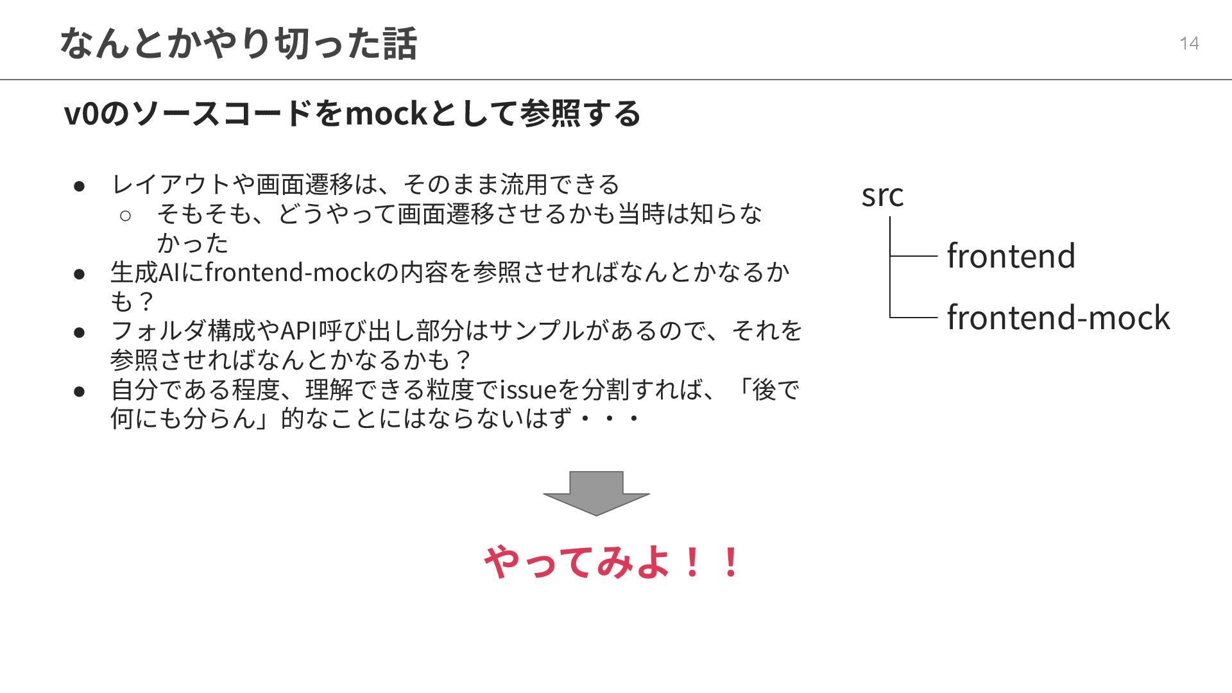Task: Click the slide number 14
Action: click(1189, 43)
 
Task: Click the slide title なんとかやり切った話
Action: click(238, 43)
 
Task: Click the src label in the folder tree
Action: click(882, 195)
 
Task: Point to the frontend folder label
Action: click(1011, 255)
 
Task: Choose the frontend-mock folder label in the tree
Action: click(1058, 318)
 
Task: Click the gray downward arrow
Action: click(596, 493)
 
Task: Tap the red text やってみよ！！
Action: click(613, 562)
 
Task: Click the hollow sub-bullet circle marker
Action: click(125, 215)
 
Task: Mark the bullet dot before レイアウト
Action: click(80, 186)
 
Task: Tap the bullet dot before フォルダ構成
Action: click(80, 332)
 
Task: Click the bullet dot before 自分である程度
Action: click(80, 391)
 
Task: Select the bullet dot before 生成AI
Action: click(80, 273)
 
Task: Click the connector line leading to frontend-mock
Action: click(914, 317)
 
